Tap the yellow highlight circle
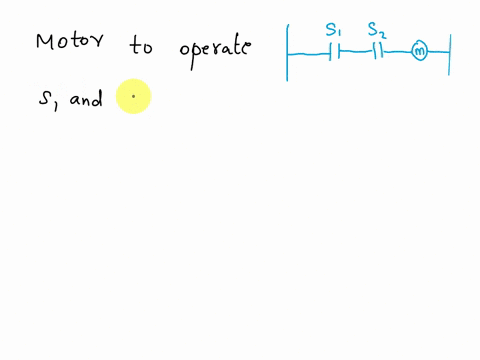click(133, 98)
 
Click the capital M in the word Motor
click(47, 43)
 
